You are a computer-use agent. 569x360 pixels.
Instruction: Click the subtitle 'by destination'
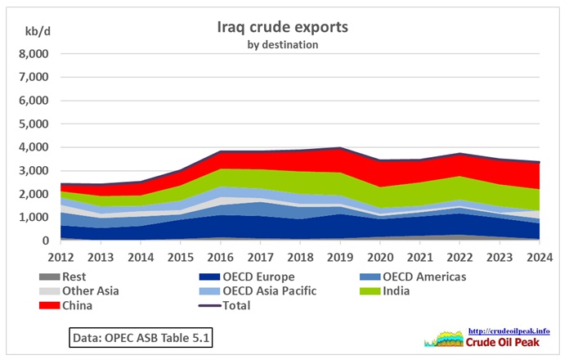[282, 44]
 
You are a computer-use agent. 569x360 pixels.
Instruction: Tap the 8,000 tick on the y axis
[34, 54]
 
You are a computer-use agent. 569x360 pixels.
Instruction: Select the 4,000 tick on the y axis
[34, 148]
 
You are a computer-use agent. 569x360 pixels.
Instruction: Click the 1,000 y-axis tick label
[34, 218]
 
